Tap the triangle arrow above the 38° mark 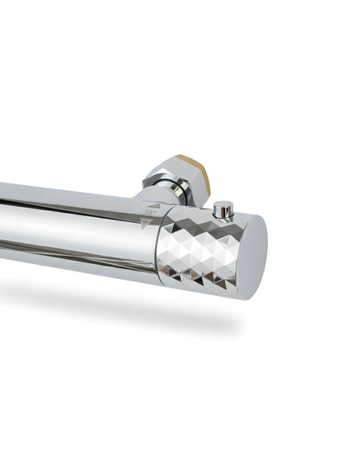click(153, 204)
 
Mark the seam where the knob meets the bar click(157, 247)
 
